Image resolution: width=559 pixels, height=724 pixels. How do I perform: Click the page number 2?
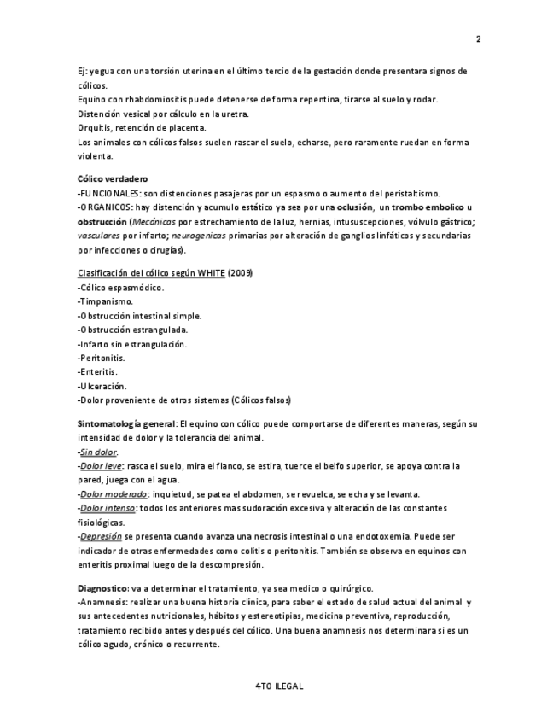coord(478,38)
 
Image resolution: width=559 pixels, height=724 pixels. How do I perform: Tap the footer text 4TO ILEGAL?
coord(279,686)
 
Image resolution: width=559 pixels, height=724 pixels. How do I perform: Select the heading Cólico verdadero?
coord(112,179)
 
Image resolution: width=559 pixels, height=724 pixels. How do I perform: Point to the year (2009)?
coord(240,272)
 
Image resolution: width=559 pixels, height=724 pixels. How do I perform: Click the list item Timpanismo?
coord(107,301)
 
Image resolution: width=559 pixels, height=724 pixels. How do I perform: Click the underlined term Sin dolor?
coord(98,452)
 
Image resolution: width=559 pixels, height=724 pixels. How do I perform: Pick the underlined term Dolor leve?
coord(102,466)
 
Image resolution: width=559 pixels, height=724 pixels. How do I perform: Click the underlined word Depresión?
coord(101,537)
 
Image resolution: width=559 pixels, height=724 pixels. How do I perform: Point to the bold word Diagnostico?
coord(102,588)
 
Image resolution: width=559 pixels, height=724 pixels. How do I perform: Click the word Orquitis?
coord(94,128)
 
